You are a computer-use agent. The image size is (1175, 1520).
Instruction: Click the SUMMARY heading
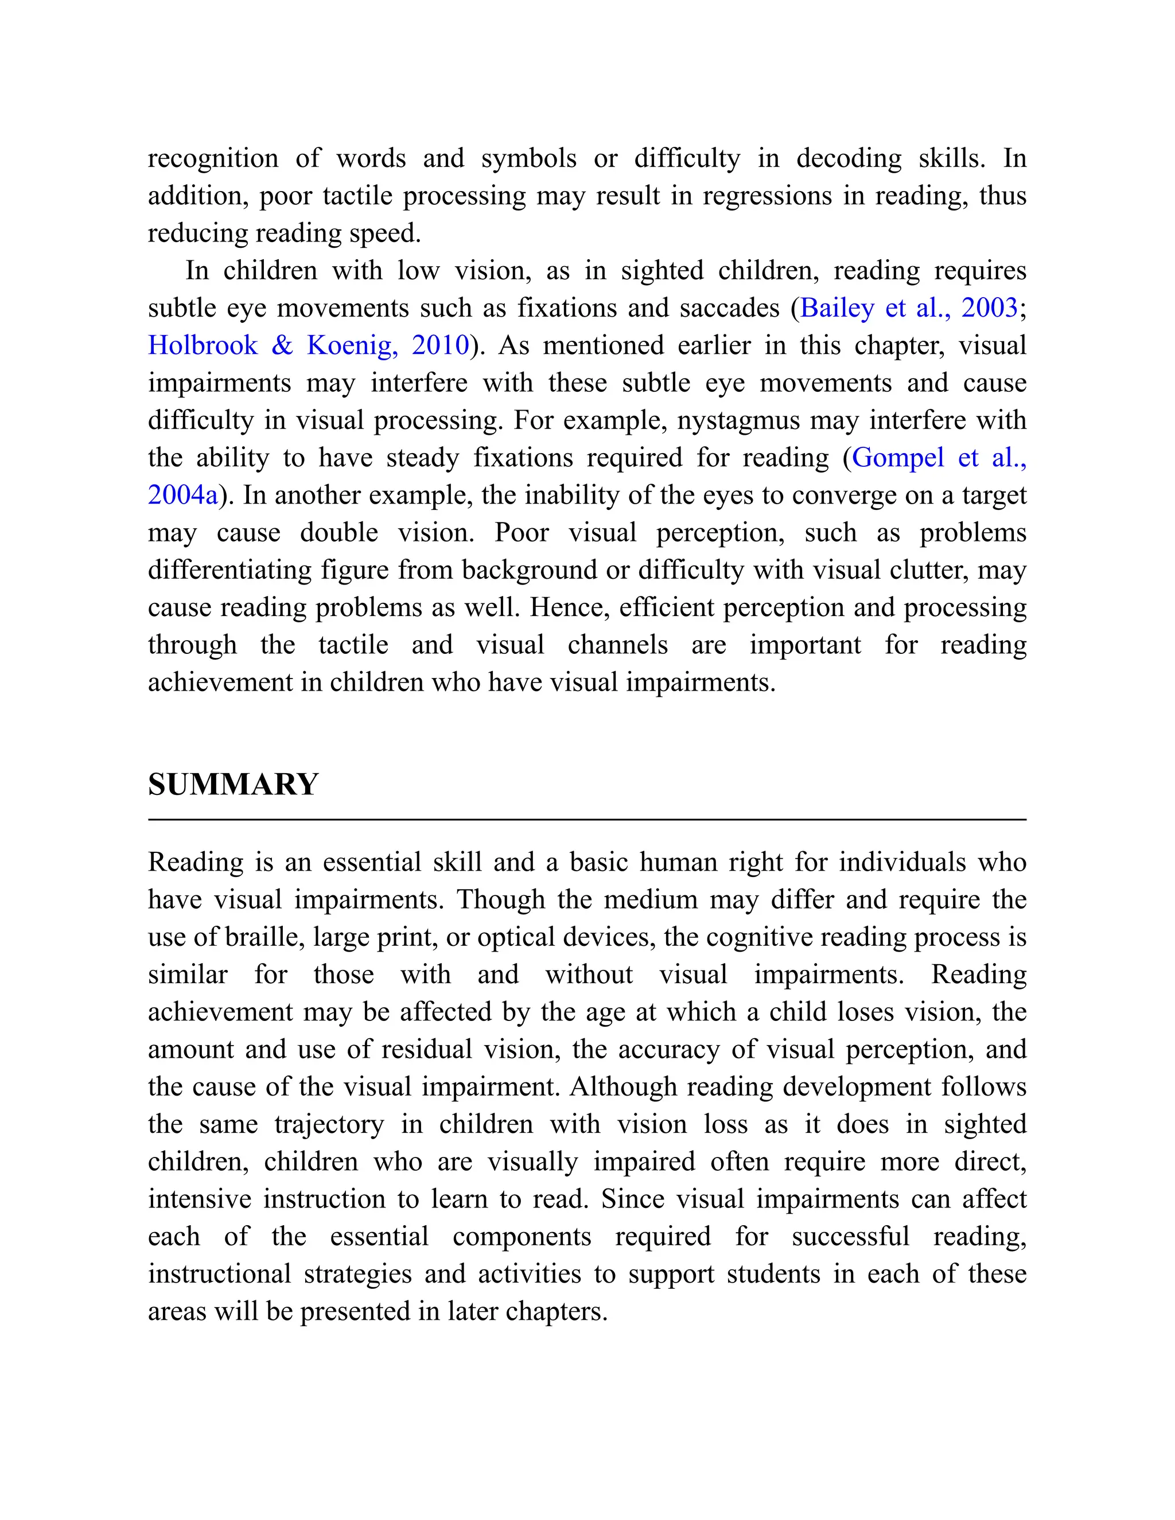point(232,784)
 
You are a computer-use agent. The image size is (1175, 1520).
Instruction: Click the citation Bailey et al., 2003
point(908,307)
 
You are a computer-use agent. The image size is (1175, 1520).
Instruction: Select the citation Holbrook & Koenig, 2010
point(308,345)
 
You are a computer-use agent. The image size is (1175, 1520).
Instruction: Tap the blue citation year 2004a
point(183,495)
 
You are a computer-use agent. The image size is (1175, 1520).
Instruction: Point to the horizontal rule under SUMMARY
point(587,820)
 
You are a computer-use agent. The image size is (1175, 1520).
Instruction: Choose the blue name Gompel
point(898,457)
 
